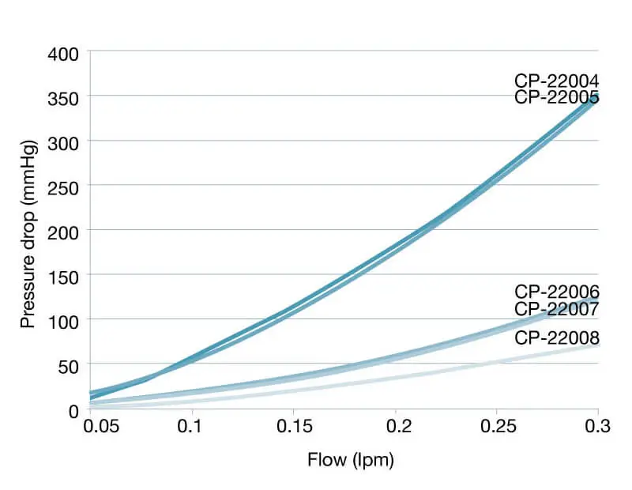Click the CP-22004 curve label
(x=556, y=81)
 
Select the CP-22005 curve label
(x=556, y=97)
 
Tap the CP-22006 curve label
(x=556, y=292)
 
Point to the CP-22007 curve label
(x=556, y=307)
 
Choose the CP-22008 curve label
(x=556, y=338)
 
